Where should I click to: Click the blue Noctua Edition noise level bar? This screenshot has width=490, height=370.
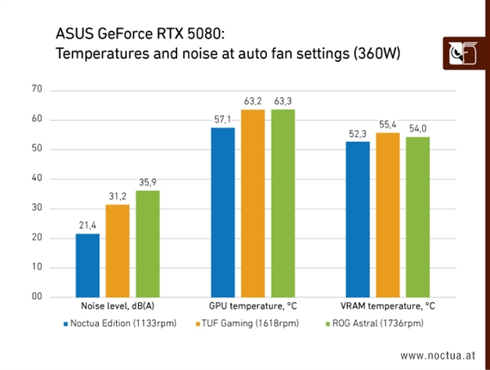click(87, 265)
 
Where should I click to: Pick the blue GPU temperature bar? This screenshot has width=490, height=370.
click(222, 212)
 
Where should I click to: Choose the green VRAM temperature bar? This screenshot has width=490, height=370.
click(417, 216)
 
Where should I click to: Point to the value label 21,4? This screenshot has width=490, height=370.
click(87, 225)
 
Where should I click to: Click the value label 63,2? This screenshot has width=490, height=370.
click(252, 101)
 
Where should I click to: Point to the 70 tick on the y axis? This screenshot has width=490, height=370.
click(36, 89)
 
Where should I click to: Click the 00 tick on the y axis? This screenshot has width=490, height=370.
click(36, 296)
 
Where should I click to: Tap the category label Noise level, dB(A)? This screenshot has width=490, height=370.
click(118, 307)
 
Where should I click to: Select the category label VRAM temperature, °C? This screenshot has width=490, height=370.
click(387, 307)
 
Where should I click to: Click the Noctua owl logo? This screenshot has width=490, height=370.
click(463, 55)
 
